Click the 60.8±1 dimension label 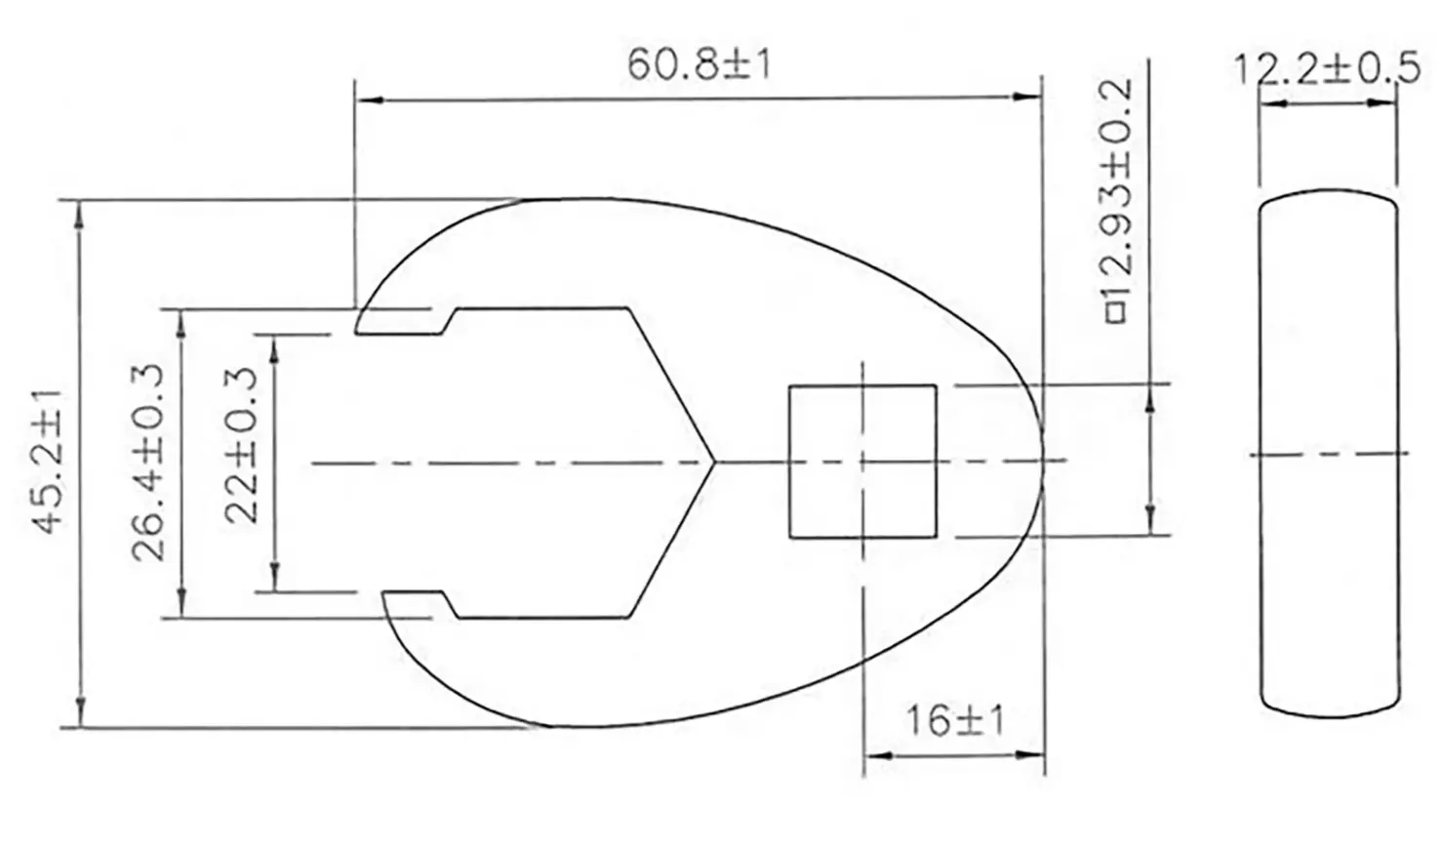coord(699,65)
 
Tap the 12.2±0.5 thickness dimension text coord(1327,69)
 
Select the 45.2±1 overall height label coord(48,462)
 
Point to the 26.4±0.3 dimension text coord(148,462)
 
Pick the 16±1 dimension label coord(955,720)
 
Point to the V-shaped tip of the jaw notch coord(714,462)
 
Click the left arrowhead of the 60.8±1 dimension coord(370,101)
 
